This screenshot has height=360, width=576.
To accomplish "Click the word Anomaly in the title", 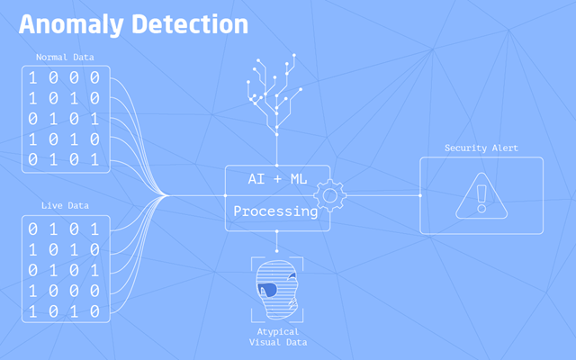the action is click(x=71, y=25).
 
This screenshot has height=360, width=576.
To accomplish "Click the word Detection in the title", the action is click(x=190, y=24).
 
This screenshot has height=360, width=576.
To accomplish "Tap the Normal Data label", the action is click(x=65, y=58).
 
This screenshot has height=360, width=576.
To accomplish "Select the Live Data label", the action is click(x=65, y=205).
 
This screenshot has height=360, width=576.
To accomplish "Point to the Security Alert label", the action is click(x=481, y=148).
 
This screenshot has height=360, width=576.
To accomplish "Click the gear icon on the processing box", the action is click(x=330, y=196).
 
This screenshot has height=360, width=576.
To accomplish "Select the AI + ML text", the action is click(x=278, y=179).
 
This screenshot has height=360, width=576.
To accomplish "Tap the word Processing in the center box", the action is click(x=275, y=211).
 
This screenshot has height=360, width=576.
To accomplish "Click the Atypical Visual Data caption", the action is click(x=278, y=337).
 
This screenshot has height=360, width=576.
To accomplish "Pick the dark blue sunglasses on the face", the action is click(x=267, y=290).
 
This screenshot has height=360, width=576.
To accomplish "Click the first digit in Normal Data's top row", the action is click(x=32, y=78).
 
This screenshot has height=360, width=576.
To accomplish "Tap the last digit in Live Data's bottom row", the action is click(x=94, y=311).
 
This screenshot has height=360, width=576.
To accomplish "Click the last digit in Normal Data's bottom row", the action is click(x=94, y=160).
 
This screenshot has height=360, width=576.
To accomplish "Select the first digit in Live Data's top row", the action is click(x=32, y=229).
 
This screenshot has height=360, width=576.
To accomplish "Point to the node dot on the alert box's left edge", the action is click(x=420, y=195).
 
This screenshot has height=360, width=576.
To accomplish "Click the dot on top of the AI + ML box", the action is click(x=276, y=166).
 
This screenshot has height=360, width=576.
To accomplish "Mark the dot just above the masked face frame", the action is click(x=276, y=251).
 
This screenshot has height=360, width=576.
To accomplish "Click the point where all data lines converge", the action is click(x=167, y=195).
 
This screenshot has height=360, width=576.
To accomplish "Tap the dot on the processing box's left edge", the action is click(x=226, y=195).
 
